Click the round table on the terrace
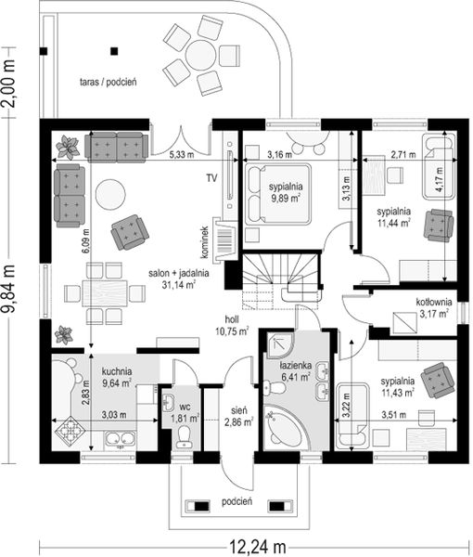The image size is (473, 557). click(201, 55)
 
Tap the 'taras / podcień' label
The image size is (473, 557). click(109, 82)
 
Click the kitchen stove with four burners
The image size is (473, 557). click(70, 430)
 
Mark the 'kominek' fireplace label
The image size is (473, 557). click(204, 242)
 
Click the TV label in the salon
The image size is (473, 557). click(211, 178)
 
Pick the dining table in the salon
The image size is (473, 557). click(105, 293)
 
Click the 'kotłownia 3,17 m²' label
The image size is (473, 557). click(434, 308)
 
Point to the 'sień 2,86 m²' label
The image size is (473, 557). click(239, 416)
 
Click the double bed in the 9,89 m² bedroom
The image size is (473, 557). click(278, 194)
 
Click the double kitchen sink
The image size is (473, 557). click(121, 438)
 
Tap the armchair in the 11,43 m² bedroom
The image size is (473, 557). click(438, 381)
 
